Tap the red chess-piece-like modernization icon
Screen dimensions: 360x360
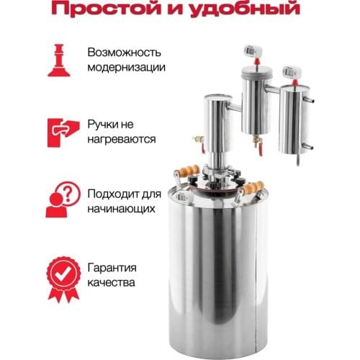(x=60, y=60)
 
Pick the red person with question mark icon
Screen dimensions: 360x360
(x=60, y=200)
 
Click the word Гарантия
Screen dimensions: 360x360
(x=112, y=266)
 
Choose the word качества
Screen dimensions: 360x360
(x=110, y=282)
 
